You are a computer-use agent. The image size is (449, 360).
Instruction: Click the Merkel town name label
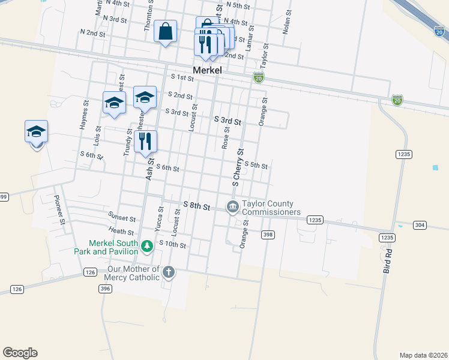click(x=207, y=70)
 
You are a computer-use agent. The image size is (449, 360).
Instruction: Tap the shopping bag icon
click(x=165, y=31)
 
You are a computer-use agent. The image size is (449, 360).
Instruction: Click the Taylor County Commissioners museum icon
click(x=232, y=207)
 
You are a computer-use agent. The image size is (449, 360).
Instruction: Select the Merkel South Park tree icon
click(x=146, y=245)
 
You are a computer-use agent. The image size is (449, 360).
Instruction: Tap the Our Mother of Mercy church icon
click(x=169, y=272)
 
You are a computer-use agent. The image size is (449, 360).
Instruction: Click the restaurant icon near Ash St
click(x=145, y=142)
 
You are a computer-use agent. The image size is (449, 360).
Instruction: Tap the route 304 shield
click(x=420, y=225)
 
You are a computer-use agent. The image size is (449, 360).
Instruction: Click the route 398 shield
click(x=268, y=235)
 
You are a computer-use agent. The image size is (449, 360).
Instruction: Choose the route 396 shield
click(x=105, y=289)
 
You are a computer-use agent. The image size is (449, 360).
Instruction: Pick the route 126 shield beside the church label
click(x=89, y=273)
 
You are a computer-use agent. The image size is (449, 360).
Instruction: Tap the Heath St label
click(x=121, y=231)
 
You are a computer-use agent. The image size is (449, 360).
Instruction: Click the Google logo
click(x=20, y=353)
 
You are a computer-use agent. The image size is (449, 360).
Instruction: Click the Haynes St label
click(x=83, y=118)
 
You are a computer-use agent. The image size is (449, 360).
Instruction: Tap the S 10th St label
click(x=173, y=245)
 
